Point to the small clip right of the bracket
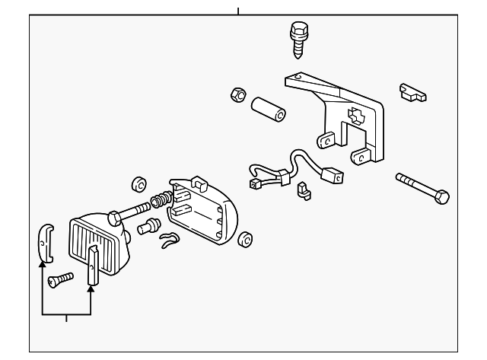(x=412, y=93)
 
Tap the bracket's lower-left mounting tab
(x=326, y=141)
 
